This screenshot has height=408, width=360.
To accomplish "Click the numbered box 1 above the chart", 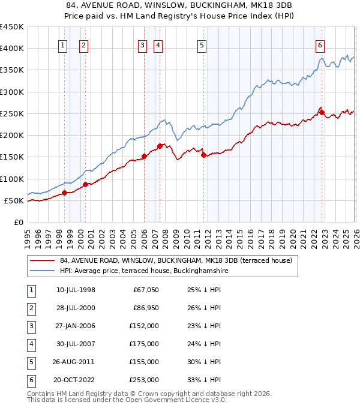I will [63, 44].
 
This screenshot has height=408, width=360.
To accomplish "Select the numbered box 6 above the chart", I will [320, 44].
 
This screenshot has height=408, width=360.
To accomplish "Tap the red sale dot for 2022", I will [322, 112].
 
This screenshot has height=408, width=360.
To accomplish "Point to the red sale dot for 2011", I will [204, 155].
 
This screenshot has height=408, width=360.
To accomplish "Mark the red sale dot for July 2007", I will [160, 146].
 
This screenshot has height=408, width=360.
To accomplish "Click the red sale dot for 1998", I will [64, 193].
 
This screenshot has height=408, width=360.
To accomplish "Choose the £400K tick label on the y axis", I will [12, 49].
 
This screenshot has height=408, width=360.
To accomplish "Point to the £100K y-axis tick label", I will [12, 179].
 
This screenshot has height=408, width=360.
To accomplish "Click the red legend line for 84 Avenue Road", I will [43, 260].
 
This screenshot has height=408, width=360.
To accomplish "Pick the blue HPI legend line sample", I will [43, 271].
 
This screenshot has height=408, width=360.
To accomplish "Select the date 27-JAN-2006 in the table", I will [76, 326].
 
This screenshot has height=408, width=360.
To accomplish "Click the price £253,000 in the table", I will [145, 380].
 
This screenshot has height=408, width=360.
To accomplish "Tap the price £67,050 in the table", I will [146, 290].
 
